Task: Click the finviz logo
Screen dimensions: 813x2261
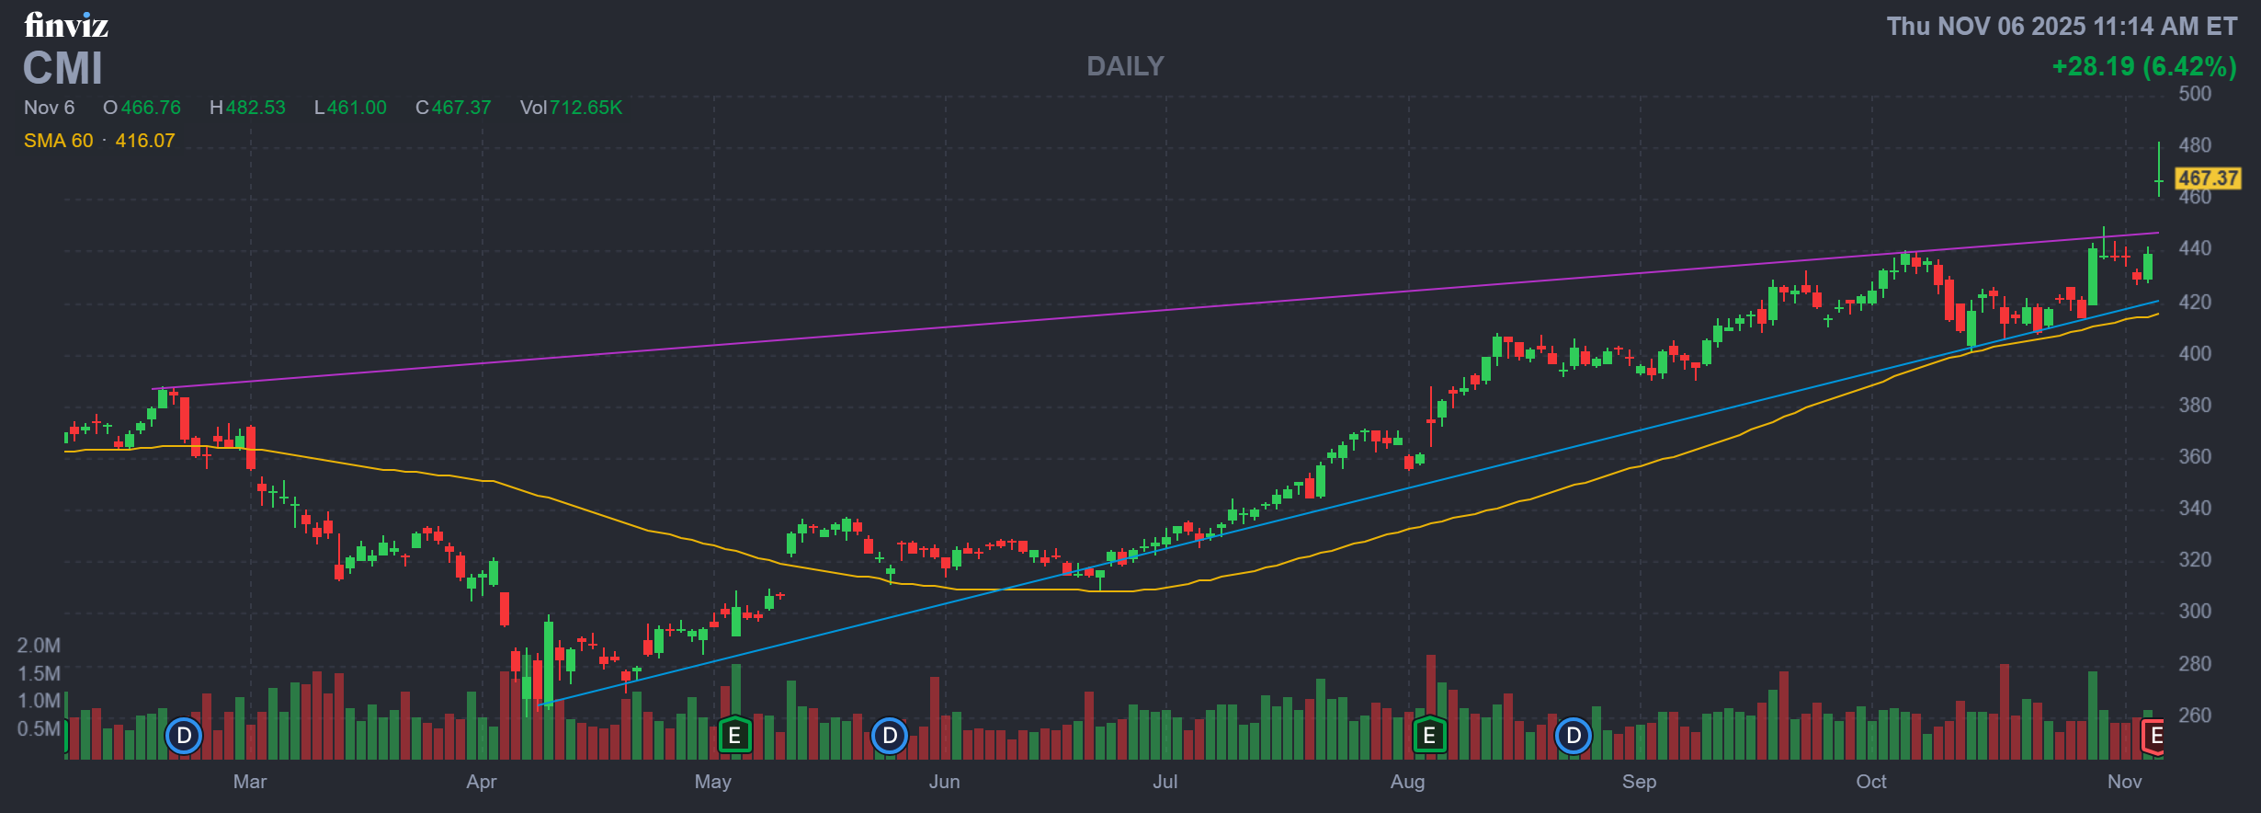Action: tap(66, 25)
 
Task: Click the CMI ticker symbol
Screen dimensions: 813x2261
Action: tap(62, 69)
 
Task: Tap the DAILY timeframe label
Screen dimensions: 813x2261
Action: tap(1125, 66)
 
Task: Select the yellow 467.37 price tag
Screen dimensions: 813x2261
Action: tap(2208, 178)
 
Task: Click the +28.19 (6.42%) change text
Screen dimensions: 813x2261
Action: tap(2143, 66)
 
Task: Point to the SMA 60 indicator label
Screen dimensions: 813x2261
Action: tap(59, 141)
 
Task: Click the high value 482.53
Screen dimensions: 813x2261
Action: tap(256, 108)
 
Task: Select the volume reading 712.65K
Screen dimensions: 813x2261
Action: tap(585, 108)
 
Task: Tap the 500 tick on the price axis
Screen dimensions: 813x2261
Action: tap(2195, 94)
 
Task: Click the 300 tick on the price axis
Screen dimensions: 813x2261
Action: tap(2195, 611)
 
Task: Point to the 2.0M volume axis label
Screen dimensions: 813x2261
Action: tap(39, 646)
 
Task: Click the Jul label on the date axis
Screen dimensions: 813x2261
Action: tap(1165, 782)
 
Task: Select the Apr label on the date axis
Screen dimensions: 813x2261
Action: tap(481, 782)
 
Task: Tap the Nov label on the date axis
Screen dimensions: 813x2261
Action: tap(2124, 782)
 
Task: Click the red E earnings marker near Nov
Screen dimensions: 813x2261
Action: tap(2154, 736)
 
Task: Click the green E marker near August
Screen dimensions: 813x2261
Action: tap(1428, 736)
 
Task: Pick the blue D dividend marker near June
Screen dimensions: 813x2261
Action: tap(889, 736)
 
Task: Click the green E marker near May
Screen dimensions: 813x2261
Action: tap(733, 736)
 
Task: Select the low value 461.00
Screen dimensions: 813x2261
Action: tap(357, 108)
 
